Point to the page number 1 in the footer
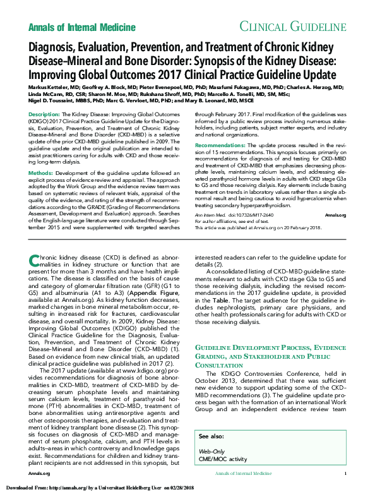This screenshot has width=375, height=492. [345, 473]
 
